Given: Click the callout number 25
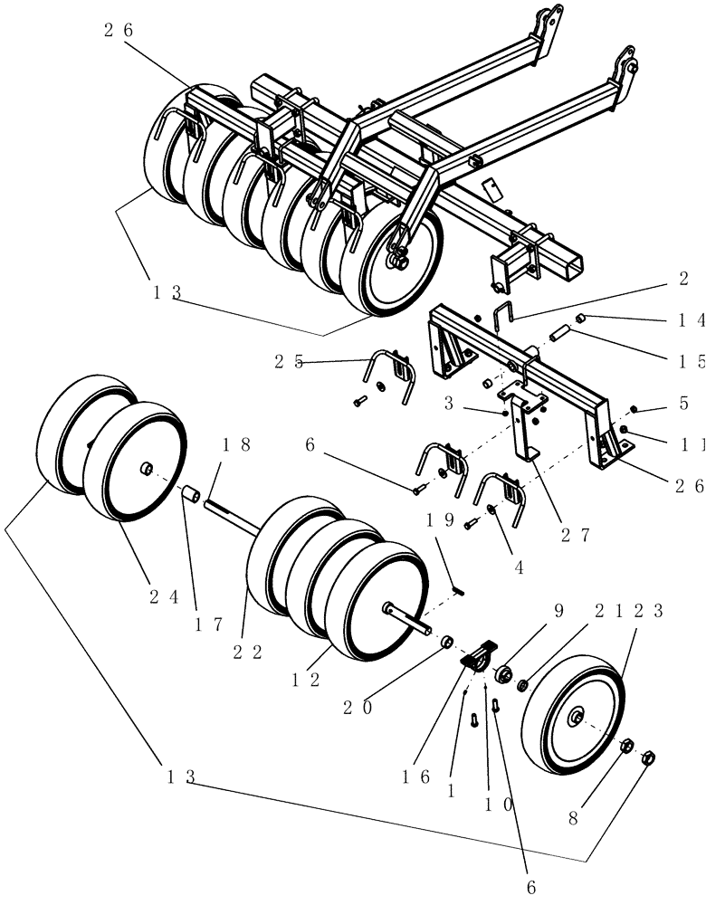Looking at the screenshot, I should pos(287,361).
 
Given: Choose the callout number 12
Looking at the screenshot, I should pos(303,680).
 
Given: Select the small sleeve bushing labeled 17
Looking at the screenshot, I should pos(192,496).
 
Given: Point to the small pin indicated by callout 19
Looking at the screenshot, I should pos(459,590).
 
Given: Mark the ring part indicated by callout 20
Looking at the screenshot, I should pos(446,642).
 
